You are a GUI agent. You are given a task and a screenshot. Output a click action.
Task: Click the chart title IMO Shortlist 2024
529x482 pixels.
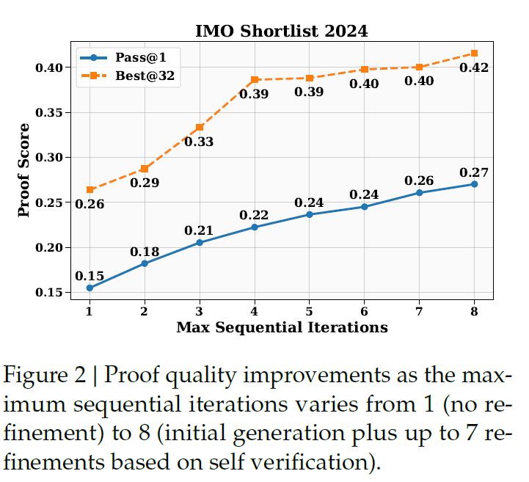click(281, 31)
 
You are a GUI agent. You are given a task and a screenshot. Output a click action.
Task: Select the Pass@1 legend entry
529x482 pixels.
click(136, 56)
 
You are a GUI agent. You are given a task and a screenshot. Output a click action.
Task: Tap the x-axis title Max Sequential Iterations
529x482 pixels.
click(282, 327)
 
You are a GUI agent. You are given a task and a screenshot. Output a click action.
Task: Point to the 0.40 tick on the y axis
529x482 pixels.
click(51, 67)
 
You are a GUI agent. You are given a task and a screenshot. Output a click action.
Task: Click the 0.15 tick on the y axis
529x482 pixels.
click(51, 293)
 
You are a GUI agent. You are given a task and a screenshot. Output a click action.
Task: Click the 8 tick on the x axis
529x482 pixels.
click(474, 311)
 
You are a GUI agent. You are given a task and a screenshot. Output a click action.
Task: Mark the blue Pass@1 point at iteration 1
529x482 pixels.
click(90, 288)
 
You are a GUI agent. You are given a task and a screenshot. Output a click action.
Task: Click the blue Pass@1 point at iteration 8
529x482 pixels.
click(474, 184)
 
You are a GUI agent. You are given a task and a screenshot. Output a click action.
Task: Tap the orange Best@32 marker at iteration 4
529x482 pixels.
click(255, 79)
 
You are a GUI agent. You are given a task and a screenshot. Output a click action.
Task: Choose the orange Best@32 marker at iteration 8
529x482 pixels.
click(474, 53)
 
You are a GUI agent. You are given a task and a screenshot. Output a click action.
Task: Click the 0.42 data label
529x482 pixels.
click(474, 68)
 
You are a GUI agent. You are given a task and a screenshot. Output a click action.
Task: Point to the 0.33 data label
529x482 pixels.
click(199, 142)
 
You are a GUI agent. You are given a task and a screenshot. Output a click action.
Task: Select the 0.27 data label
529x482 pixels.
click(474, 172)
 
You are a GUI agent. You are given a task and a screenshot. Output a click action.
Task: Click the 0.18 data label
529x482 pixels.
click(145, 252)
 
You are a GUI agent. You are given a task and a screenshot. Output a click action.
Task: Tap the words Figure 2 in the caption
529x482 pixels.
click(47, 377)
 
